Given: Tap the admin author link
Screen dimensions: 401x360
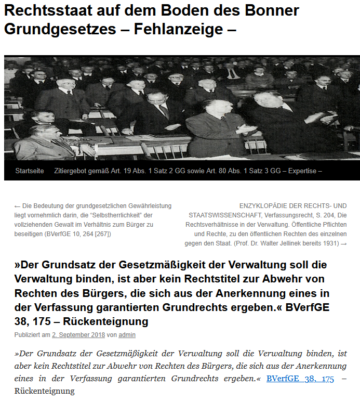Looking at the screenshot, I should (127, 335).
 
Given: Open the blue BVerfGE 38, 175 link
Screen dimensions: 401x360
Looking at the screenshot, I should (300, 379).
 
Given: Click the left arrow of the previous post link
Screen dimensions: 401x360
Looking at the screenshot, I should (17, 206).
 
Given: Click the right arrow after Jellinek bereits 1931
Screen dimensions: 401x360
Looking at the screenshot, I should (343, 243).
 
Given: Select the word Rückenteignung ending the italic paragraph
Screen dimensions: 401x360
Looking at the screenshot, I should (45, 391).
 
